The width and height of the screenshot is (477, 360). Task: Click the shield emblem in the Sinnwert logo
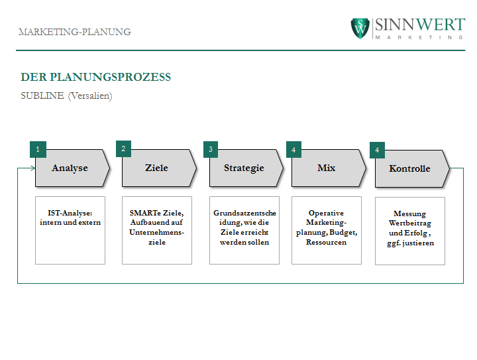360,29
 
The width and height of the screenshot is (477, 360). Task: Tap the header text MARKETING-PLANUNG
74,32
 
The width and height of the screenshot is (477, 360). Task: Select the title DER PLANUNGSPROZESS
95,77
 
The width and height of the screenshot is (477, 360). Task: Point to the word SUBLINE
42,95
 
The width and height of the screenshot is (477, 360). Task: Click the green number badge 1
38,149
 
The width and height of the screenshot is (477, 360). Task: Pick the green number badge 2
123,149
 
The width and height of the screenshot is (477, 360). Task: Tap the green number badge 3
211,149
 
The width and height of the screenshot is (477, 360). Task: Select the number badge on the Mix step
294,149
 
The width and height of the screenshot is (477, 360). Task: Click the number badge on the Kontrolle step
377,150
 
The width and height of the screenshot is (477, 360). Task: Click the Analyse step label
70,168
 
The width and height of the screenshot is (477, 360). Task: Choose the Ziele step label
156,168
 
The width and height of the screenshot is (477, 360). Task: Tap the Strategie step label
244,168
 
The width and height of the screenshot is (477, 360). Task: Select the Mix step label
327,168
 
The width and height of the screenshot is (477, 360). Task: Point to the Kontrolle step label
410,168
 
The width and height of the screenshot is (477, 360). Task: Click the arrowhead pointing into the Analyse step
33,168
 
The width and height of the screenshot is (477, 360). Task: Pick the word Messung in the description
410,214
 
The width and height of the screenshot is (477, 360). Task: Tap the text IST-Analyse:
70,213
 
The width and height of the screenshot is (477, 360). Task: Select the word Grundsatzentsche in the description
244,213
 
